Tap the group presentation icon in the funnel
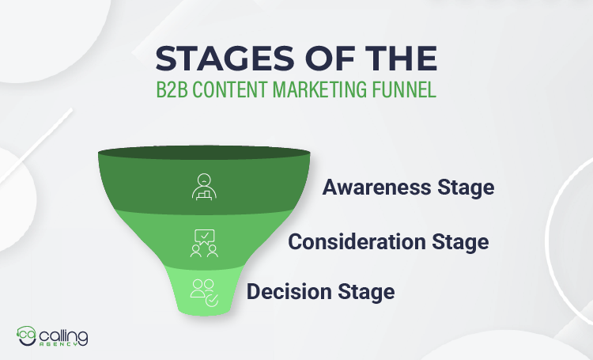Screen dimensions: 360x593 [204, 243]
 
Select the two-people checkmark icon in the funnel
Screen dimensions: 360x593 [202, 290]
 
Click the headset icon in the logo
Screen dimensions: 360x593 [26, 337]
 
